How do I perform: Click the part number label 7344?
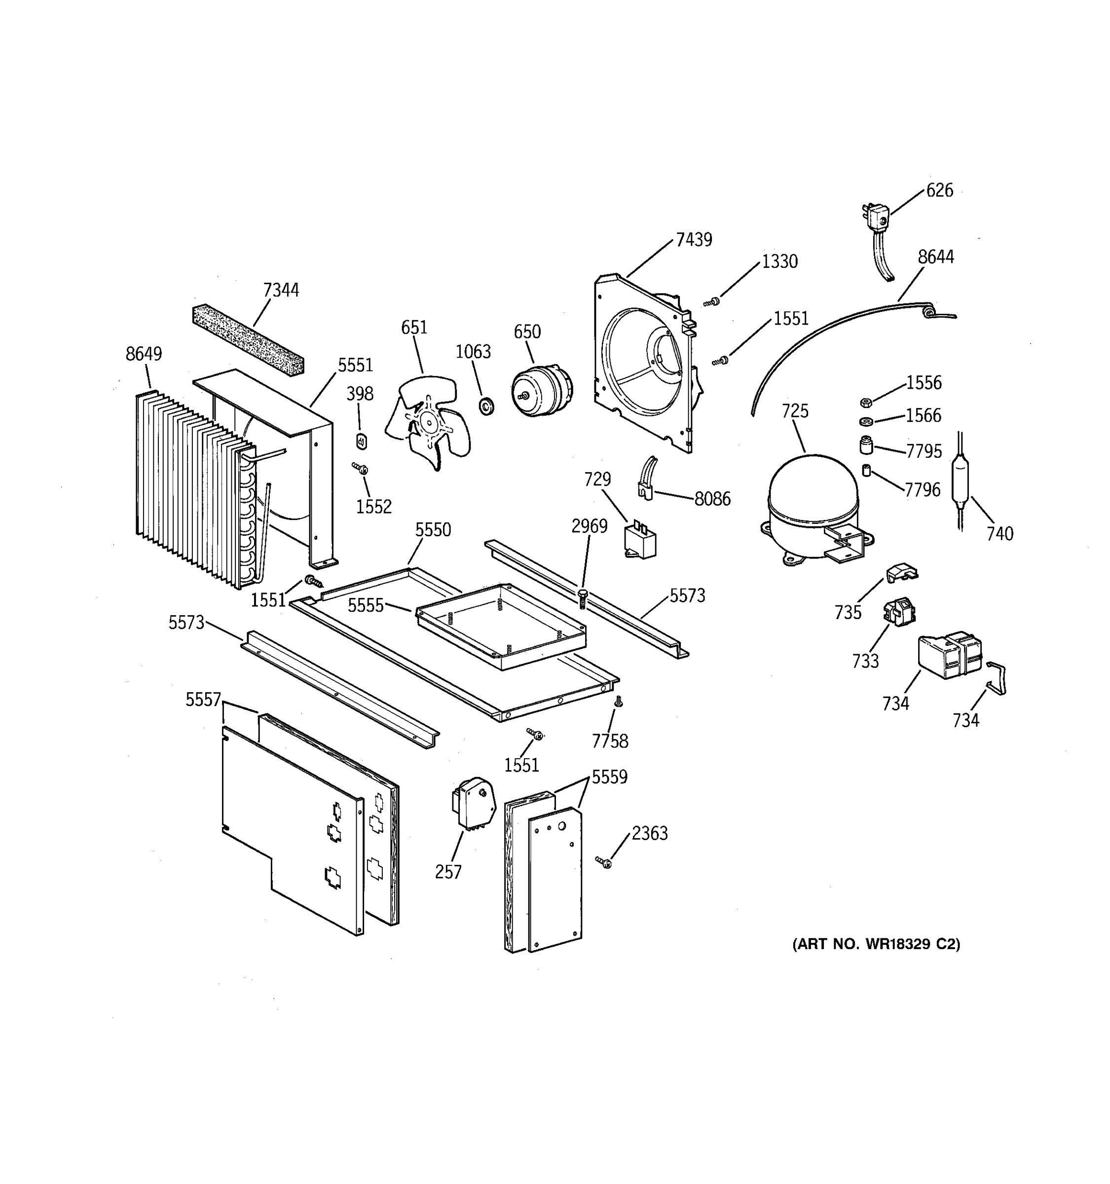point(281,290)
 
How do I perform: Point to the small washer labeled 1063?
point(486,407)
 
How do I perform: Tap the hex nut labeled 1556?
point(866,403)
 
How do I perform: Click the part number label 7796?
point(923,489)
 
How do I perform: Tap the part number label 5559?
point(609,777)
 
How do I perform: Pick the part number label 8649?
point(144,354)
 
